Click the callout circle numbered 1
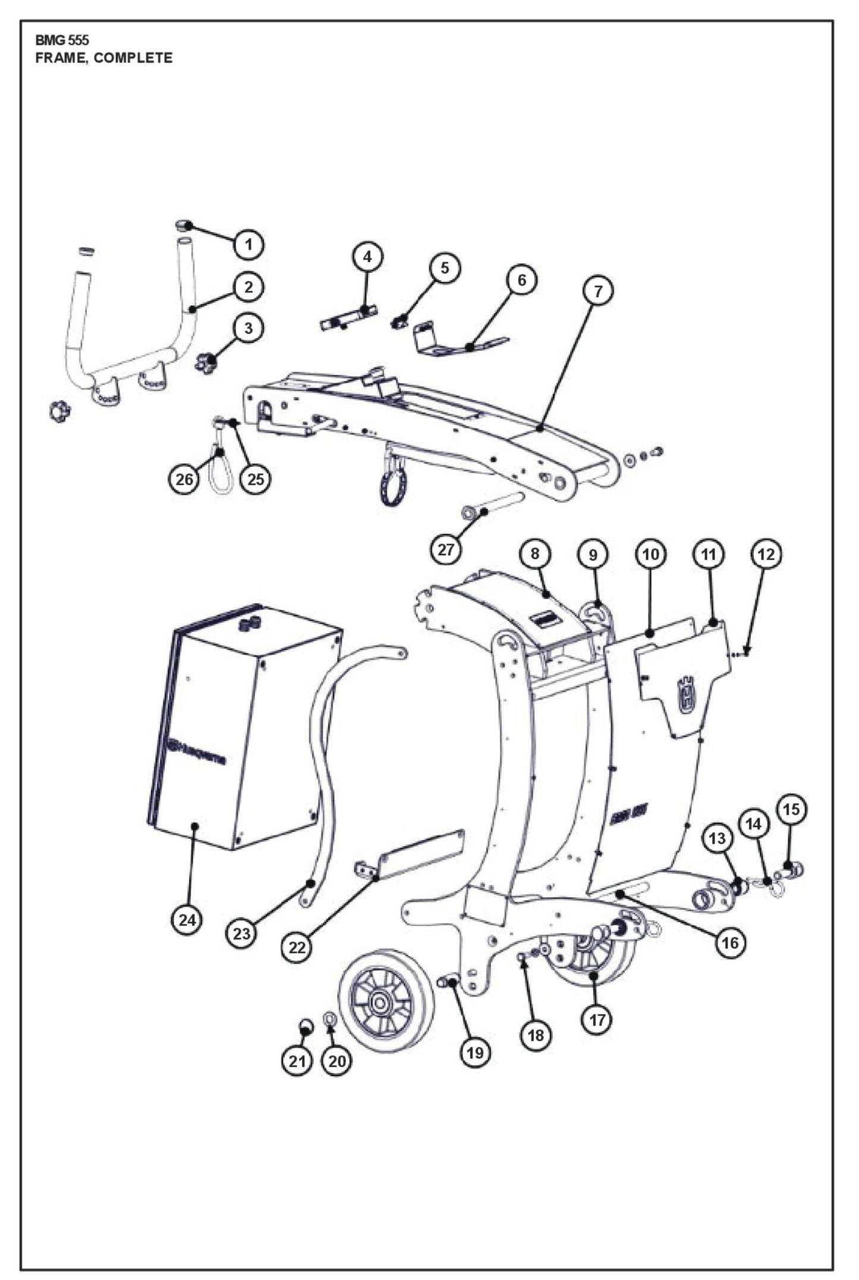(x=248, y=244)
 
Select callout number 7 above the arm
(x=598, y=291)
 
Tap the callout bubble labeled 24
(x=187, y=920)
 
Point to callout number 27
(x=446, y=549)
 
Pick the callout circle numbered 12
(x=766, y=554)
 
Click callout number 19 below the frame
(x=474, y=1053)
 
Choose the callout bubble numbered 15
(x=791, y=809)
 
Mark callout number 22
(x=297, y=948)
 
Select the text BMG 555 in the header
(x=62, y=40)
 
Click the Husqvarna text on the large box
(x=196, y=751)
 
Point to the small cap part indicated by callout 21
(x=305, y=1025)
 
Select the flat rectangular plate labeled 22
(x=419, y=856)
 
